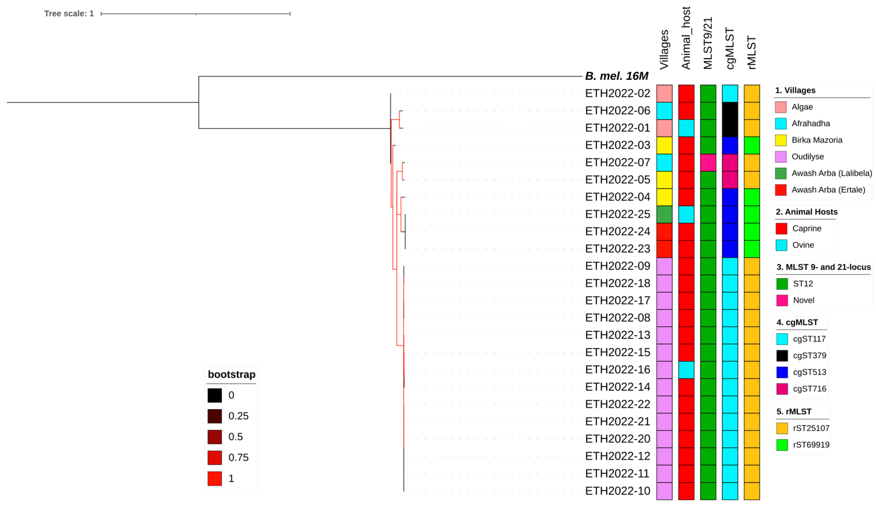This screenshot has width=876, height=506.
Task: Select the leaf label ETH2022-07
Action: click(x=617, y=162)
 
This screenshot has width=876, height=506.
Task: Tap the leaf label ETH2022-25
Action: click(x=617, y=214)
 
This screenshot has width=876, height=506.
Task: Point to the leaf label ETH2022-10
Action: click(x=617, y=491)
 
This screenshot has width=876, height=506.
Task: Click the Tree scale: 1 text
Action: click(x=69, y=14)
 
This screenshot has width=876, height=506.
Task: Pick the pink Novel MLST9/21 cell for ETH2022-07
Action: click(x=708, y=163)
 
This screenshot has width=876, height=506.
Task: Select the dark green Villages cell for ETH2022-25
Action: click(x=664, y=214)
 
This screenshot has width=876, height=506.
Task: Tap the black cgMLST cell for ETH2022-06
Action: click(x=730, y=111)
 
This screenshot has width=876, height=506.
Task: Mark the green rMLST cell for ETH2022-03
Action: click(x=752, y=145)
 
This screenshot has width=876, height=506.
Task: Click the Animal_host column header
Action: click(x=686, y=38)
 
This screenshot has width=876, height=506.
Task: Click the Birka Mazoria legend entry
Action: click(x=816, y=140)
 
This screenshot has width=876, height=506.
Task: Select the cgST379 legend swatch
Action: click(x=782, y=356)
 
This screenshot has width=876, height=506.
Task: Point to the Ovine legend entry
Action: click(x=803, y=245)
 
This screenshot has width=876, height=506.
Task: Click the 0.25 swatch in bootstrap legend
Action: click(x=215, y=416)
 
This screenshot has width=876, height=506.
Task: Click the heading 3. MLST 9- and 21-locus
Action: click(x=823, y=267)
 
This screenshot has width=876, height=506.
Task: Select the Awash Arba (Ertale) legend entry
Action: click(x=828, y=190)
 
